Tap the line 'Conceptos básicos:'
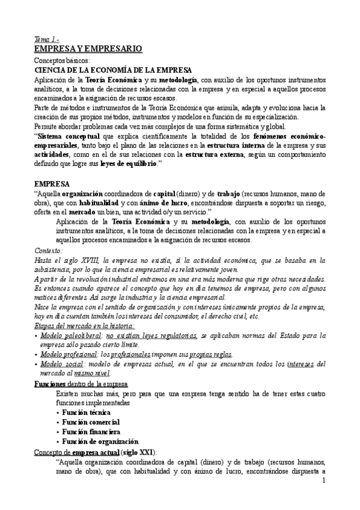pos(63,61)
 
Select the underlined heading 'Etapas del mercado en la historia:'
pos(76,325)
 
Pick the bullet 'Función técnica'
pos(88,412)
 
